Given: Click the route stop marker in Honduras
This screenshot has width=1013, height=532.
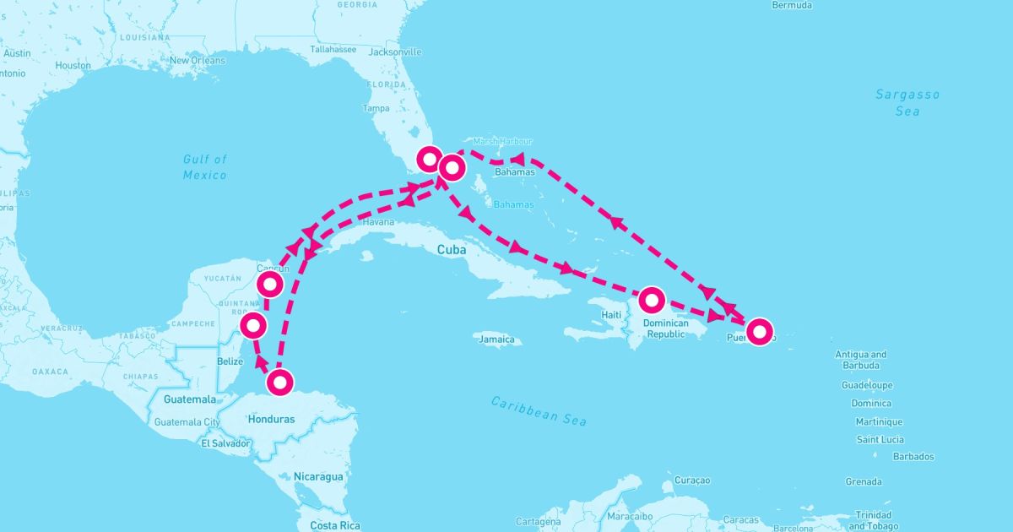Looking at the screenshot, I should click(281, 383).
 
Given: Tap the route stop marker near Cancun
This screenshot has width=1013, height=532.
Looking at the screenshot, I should click(270, 285).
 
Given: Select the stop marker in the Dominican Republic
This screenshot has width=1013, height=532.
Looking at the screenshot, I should click(652, 299).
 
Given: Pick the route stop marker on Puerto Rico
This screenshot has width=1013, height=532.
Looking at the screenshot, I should click(760, 331).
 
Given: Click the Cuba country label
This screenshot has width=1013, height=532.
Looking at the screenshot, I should click(452, 249).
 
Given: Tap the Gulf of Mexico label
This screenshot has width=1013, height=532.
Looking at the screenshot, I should click(205, 166).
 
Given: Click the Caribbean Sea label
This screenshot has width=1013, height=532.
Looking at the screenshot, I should click(539, 410).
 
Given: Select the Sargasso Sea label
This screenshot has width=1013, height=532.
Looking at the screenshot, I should click(907, 103).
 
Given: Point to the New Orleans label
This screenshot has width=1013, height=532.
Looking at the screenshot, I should click(198, 61).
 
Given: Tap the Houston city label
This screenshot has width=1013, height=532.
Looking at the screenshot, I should click(73, 65).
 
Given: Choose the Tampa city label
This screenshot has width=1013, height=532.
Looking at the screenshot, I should click(376, 108).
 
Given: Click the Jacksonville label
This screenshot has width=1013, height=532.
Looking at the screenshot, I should click(395, 52).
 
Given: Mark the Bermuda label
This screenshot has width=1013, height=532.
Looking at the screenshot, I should click(792, 5).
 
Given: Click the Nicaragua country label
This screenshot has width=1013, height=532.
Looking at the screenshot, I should click(318, 476).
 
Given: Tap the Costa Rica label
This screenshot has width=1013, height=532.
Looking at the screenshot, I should click(335, 525).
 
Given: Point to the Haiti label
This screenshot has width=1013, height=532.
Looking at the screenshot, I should click(611, 315).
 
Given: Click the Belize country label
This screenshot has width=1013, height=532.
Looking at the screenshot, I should click(230, 361).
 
